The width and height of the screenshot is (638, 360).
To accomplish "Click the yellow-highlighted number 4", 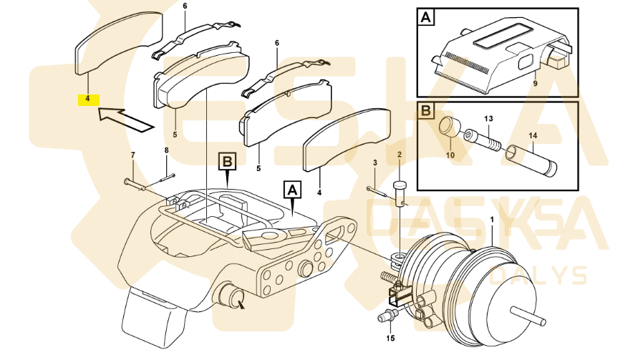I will point(88,99).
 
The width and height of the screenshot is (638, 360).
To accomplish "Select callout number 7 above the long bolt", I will point(132,155).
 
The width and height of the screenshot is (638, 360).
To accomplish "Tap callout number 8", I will point(166,150).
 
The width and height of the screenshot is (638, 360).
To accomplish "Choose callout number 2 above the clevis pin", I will point(400,155).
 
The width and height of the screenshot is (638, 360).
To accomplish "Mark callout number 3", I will point(374,164).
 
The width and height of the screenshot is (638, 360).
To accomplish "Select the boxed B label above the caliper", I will point(226,162).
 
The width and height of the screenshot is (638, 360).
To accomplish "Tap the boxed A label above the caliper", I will point(292,189).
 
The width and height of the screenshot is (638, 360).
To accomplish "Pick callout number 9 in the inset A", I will point(534,84).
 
